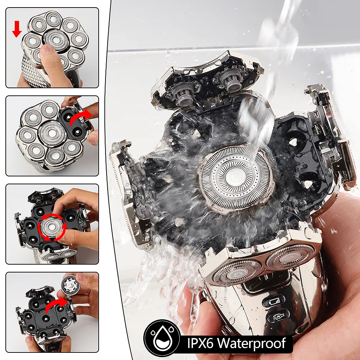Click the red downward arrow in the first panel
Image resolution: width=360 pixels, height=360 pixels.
coord(17,29)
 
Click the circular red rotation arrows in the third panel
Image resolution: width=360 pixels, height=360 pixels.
coord(52,227)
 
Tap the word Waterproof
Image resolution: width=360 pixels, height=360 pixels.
coord(252,343)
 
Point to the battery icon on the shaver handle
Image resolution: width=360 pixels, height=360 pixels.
coord(275,301)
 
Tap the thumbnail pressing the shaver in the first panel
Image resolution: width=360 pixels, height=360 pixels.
coord(47,49)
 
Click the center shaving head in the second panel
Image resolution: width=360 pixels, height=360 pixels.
coord(52,134)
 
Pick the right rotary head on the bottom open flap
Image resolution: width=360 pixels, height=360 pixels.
coord(290,257)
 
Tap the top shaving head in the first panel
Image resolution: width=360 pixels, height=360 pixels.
coord(53,19)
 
